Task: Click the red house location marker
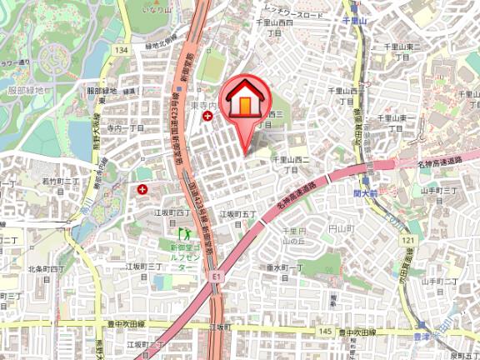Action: (x=245, y=102)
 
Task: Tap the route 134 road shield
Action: (x=122, y=51)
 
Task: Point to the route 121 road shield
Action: (x=407, y=240)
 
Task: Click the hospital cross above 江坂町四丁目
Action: (x=142, y=190)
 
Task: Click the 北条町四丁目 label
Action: (x=47, y=269)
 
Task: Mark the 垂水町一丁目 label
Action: (x=283, y=267)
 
